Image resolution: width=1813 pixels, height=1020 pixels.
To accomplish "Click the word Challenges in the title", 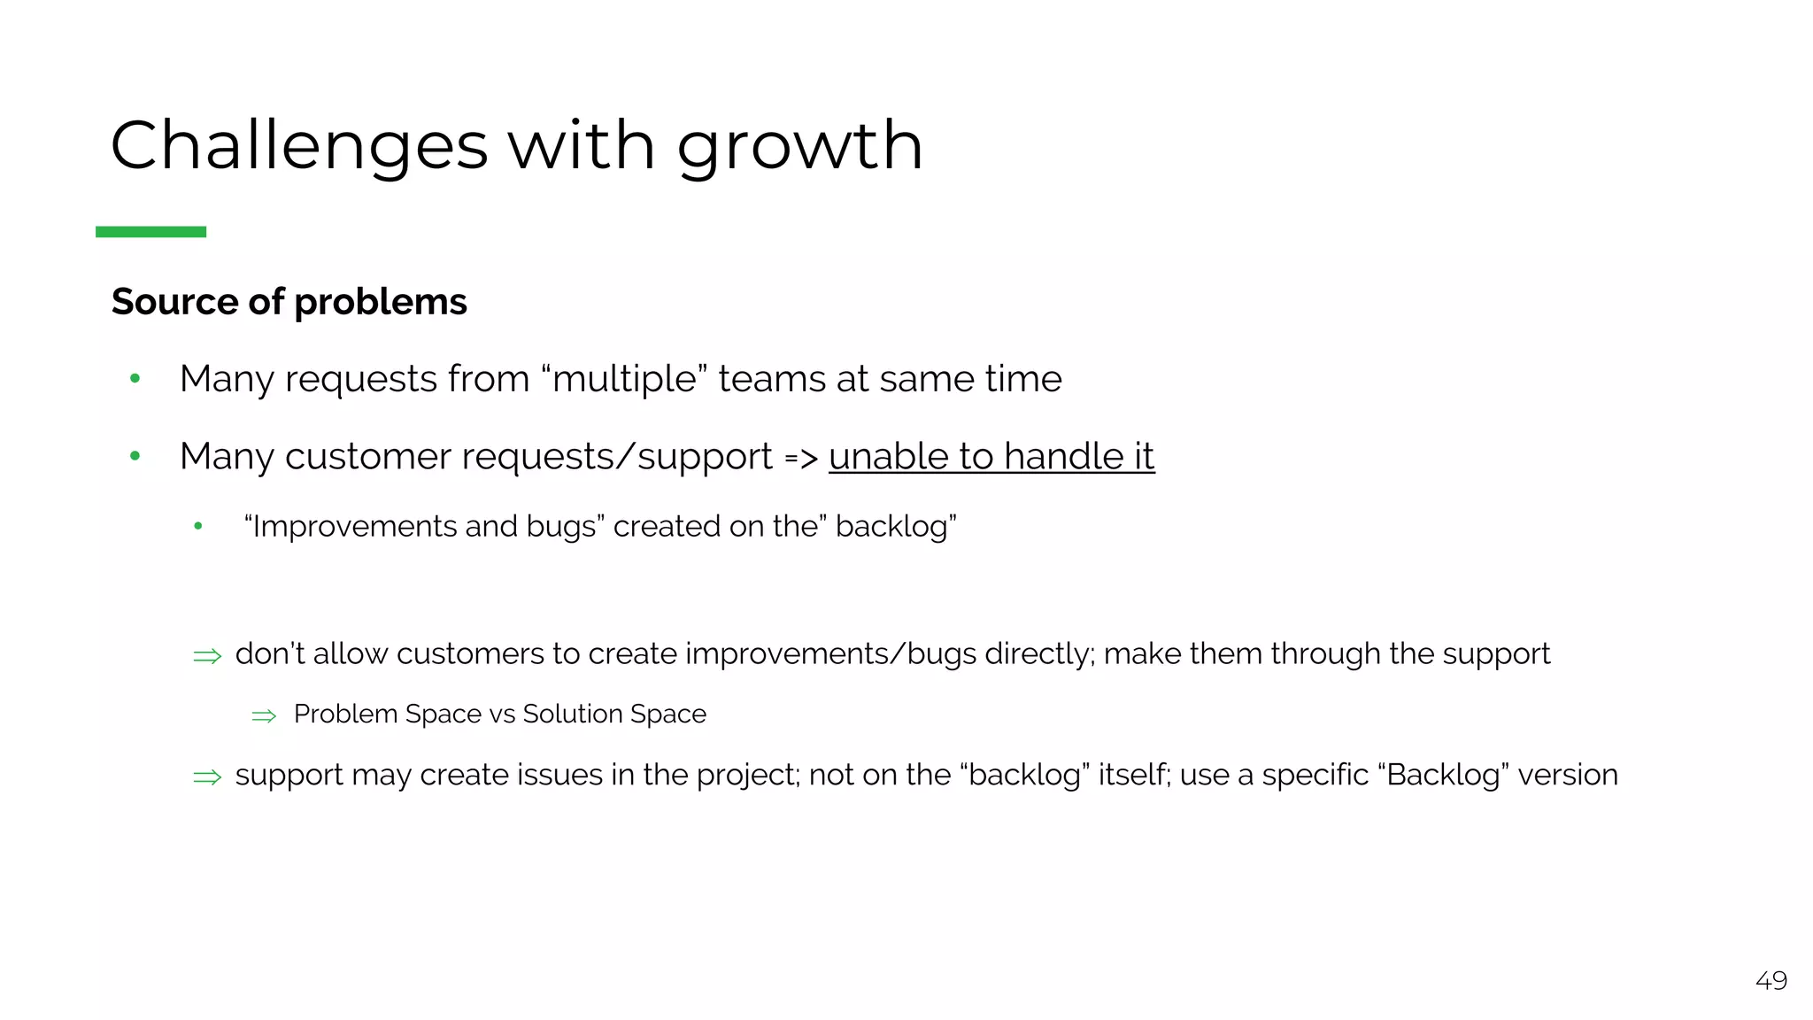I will [299, 145].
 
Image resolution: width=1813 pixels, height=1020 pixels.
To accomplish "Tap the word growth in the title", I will [800, 147].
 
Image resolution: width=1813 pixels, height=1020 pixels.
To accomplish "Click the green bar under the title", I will [150, 232].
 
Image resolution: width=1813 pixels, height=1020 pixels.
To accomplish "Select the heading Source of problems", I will [289, 302].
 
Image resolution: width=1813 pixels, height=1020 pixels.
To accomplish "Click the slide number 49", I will [1771, 981].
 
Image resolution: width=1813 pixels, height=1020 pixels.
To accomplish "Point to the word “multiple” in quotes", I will [624, 379].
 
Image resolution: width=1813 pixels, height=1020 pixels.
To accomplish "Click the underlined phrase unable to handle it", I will [991, 457].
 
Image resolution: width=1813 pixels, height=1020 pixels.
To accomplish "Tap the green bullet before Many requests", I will [135, 379].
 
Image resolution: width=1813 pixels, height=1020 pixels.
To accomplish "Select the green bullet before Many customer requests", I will [135, 457].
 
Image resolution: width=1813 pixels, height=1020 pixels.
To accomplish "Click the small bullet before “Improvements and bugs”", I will [198, 527].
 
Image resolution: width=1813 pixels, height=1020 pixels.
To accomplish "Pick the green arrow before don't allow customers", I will [207, 656].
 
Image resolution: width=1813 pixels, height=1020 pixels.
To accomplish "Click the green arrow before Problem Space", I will [264, 715].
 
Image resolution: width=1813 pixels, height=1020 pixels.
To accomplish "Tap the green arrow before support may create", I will [207, 777].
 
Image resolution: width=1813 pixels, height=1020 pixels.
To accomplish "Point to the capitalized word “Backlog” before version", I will [1444, 775].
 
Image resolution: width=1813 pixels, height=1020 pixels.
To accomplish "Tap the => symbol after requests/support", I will [801, 459].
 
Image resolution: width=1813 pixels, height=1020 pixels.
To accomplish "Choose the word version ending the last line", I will [1568, 775].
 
